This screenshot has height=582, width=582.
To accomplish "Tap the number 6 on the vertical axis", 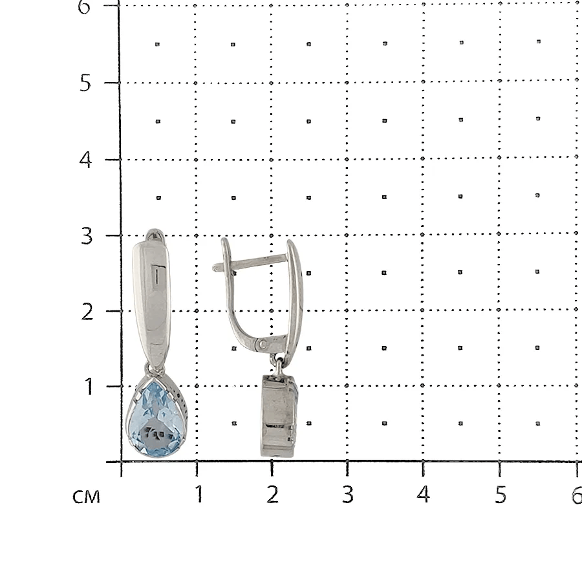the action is [x=84, y=6].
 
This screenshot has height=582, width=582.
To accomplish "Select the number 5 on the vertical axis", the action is [x=85, y=83].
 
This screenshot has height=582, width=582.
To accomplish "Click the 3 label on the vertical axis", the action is [x=87, y=236].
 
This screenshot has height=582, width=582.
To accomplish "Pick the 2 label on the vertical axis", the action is [x=87, y=312].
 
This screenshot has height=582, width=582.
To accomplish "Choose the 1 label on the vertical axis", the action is [x=89, y=387].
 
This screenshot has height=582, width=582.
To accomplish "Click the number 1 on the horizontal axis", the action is [x=199, y=494].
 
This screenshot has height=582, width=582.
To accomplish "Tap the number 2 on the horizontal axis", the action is [x=272, y=494].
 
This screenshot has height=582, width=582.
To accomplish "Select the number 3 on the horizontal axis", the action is [x=347, y=494].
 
